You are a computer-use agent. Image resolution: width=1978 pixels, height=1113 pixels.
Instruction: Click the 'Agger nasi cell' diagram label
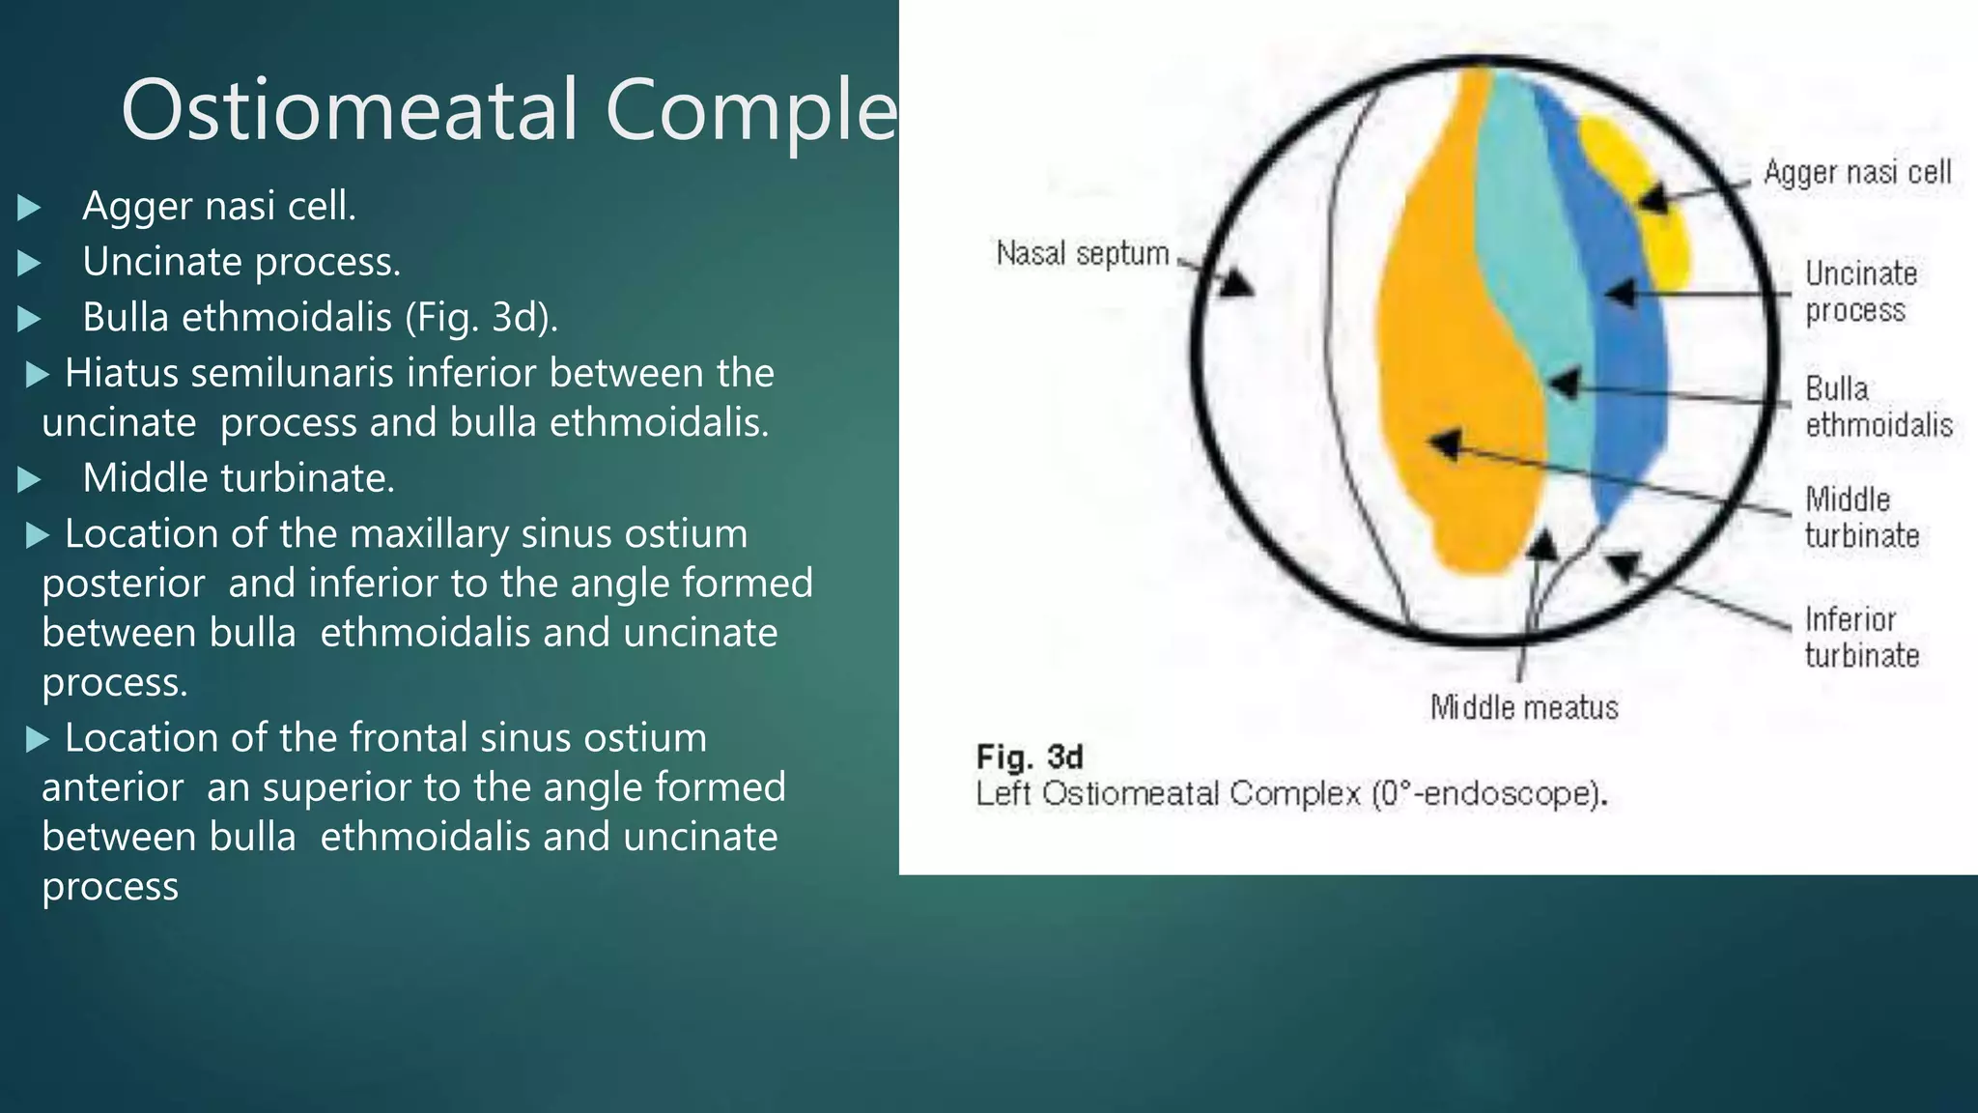(x=1856, y=173)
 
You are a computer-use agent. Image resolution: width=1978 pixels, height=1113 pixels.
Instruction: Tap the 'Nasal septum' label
(x=1082, y=254)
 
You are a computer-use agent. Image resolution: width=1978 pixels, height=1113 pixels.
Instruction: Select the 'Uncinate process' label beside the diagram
(x=1860, y=292)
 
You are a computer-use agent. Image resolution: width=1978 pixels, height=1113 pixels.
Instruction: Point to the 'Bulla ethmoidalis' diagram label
(x=1878, y=407)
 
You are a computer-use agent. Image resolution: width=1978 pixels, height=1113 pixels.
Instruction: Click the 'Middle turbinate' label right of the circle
(x=1861, y=518)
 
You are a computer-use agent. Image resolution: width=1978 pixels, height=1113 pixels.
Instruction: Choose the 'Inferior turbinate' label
(x=1861, y=638)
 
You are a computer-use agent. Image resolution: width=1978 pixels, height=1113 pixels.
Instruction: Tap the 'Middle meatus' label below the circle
(x=1523, y=708)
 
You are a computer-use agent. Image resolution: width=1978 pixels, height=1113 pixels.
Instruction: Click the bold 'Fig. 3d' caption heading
(x=1029, y=756)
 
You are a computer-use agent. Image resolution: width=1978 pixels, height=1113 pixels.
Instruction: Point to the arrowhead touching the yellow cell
(x=1654, y=199)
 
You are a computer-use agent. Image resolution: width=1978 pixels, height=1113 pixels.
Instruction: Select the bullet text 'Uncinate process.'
(x=241, y=262)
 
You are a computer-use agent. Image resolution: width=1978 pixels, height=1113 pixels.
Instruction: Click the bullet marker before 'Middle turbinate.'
(x=29, y=479)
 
